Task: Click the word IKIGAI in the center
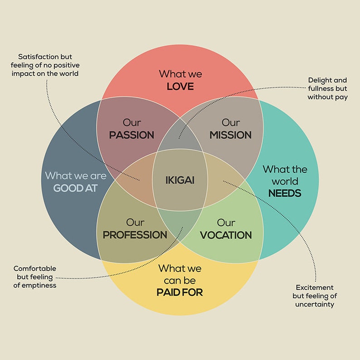(x=180, y=180)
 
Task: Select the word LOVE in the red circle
(x=180, y=86)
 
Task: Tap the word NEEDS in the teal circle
(x=285, y=194)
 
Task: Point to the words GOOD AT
(x=75, y=188)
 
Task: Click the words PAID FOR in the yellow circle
(x=180, y=292)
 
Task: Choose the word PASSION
(x=131, y=135)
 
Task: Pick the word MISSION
(x=230, y=135)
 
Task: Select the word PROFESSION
(x=135, y=235)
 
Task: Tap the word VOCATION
(x=226, y=235)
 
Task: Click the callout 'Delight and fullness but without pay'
(x=327, y=89)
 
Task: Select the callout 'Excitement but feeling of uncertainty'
(x=315, y=296)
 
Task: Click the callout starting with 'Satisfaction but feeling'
(x=49, y=65)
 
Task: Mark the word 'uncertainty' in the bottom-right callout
(x=315, y=304)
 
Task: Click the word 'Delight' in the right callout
(x=321, y=80)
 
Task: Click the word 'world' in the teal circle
(x=285, y=182)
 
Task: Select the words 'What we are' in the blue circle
(x=75, y=175)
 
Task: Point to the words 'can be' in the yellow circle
(x=180, y=281)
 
